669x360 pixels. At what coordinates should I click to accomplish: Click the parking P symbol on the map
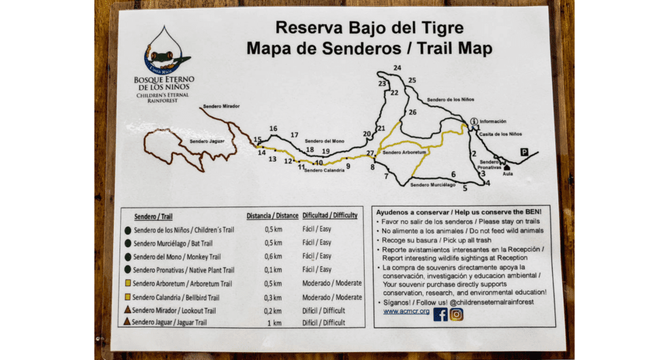coord(524,152)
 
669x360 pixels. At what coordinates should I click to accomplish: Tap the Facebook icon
coord(440,314)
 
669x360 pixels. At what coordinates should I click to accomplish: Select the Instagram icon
coord(457,314)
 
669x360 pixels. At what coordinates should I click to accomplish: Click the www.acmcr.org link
coord(406,311)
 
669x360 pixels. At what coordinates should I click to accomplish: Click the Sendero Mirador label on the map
coord(221,106)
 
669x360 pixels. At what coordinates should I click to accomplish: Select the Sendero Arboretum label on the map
coord(404,152)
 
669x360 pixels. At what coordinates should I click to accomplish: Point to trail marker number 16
coord(273,129)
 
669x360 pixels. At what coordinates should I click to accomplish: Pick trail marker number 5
coord(465,189)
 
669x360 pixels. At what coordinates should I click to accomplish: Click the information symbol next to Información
coord(473,121)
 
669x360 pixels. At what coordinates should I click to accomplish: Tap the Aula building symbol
coord(508,168)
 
